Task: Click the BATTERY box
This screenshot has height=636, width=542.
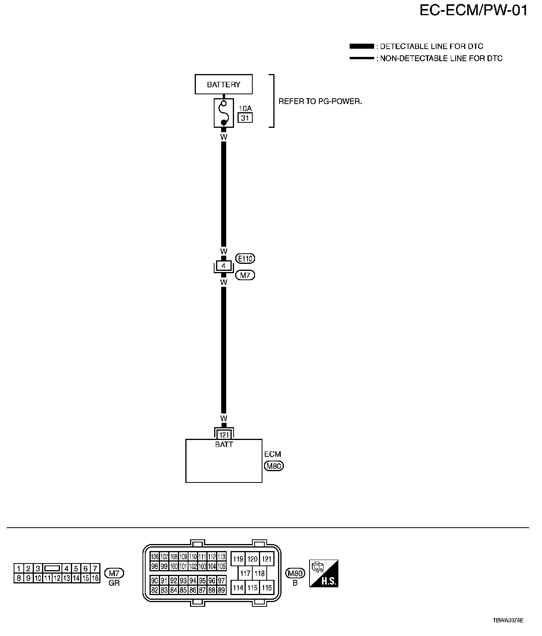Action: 223,84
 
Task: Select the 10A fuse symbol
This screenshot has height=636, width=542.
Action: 223,113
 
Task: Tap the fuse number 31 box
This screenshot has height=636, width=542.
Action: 245,117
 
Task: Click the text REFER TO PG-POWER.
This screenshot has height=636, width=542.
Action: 320,101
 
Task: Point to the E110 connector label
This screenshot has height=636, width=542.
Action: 245,258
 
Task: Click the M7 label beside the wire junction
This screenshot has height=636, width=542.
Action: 245,275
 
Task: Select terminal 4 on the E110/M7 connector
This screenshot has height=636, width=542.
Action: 223,267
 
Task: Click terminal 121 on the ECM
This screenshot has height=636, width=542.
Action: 223,435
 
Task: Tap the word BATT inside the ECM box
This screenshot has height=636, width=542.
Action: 224,444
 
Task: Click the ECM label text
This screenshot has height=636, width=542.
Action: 273,454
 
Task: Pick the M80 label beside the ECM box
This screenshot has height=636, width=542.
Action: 274,466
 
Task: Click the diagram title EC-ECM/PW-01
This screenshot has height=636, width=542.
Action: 473,11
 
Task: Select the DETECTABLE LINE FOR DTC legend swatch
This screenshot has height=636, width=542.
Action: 361,46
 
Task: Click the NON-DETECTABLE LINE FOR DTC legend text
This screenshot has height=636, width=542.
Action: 441,58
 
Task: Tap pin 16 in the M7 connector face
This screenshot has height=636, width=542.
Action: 95,578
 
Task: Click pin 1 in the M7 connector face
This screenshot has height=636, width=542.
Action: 19,569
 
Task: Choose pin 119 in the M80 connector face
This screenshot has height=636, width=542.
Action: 238,559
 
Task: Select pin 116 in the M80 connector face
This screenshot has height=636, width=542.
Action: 267,587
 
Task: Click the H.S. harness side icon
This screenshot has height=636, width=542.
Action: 324,574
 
